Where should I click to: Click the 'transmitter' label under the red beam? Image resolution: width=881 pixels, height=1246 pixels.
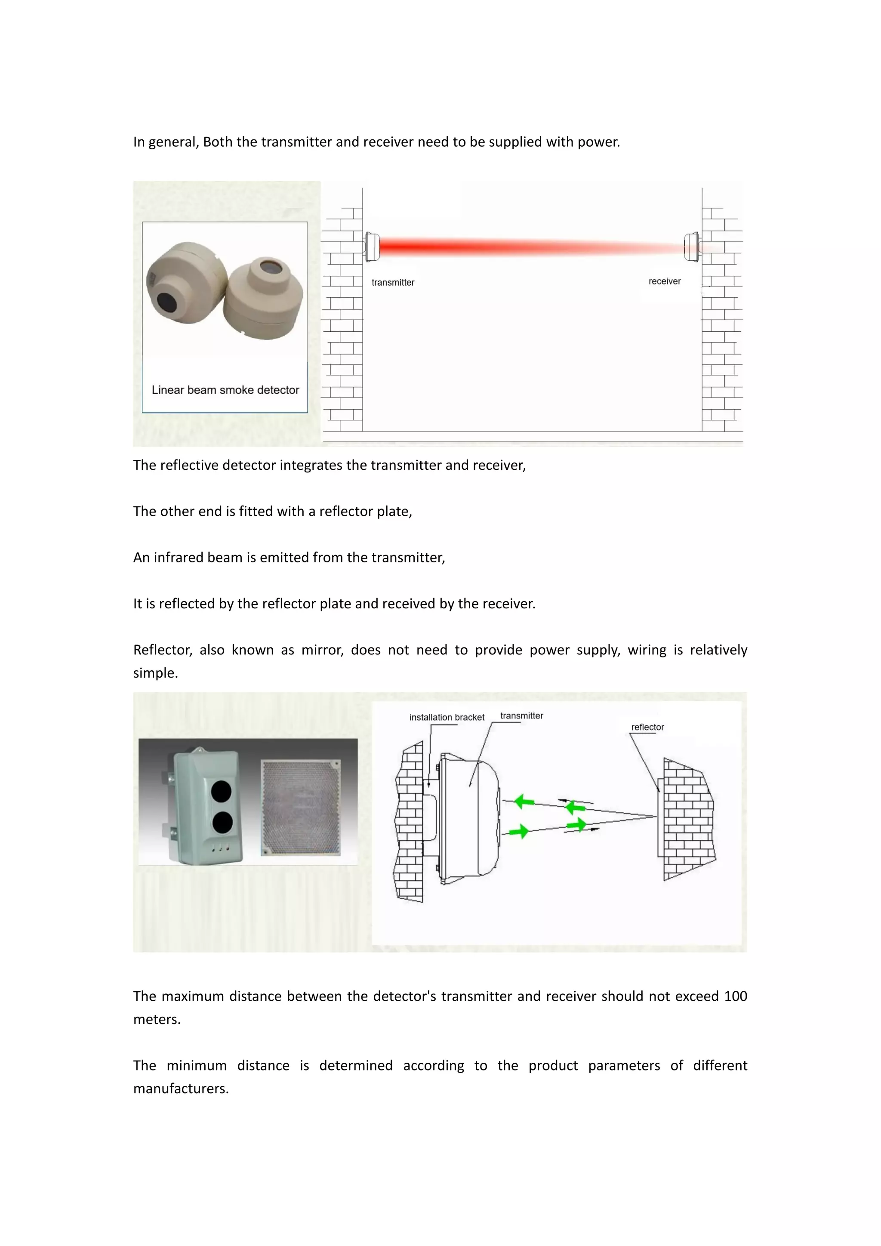tap(393, 282)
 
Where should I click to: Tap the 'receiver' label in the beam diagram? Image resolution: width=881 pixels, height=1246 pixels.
tap(664, 281)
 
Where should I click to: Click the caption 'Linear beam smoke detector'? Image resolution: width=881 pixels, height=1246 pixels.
tap(225, 390)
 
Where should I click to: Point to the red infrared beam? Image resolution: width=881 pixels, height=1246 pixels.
tap(521, 247)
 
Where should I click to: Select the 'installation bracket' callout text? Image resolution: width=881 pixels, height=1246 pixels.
tap(447, 717)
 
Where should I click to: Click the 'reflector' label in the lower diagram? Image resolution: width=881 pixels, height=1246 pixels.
tap(647, 727)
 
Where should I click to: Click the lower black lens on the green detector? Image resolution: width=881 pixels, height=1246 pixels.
tap(222, 823)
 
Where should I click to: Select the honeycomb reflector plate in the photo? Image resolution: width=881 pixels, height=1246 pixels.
tap(302, 807)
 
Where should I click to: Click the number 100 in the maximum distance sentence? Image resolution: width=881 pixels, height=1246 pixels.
tap(735, 996)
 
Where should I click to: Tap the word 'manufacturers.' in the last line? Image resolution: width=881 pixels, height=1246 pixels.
tap(181, 1088)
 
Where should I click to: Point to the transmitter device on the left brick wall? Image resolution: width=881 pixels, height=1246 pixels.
tap(372, 247)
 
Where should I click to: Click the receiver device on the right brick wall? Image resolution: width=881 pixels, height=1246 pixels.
tap(692, 247)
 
